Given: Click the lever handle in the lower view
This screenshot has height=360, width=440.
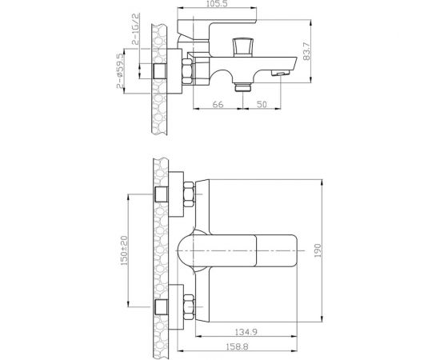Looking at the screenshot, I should pyautogui.click(x=240, y=251).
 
